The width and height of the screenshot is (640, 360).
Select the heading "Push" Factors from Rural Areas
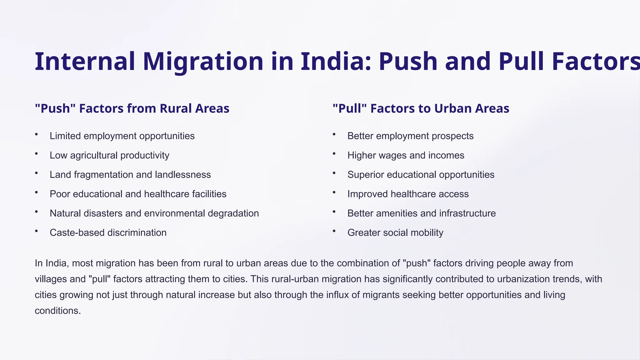click(132, 108)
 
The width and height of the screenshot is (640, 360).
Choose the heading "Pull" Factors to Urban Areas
click(421, 108)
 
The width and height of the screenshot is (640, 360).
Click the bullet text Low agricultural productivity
click(109, 155)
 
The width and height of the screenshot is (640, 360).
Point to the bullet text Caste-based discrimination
click(108, 232)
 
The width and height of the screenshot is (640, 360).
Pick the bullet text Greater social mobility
click(395, 232)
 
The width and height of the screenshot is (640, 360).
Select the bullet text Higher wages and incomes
click(406, 155)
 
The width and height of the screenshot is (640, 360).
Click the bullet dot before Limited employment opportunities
click(37, 134)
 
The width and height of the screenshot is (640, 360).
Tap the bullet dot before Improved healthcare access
click(334, 192)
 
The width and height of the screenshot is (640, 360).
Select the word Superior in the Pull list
click(366, 175)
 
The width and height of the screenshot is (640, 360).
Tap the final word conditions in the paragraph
click(57, 311)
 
